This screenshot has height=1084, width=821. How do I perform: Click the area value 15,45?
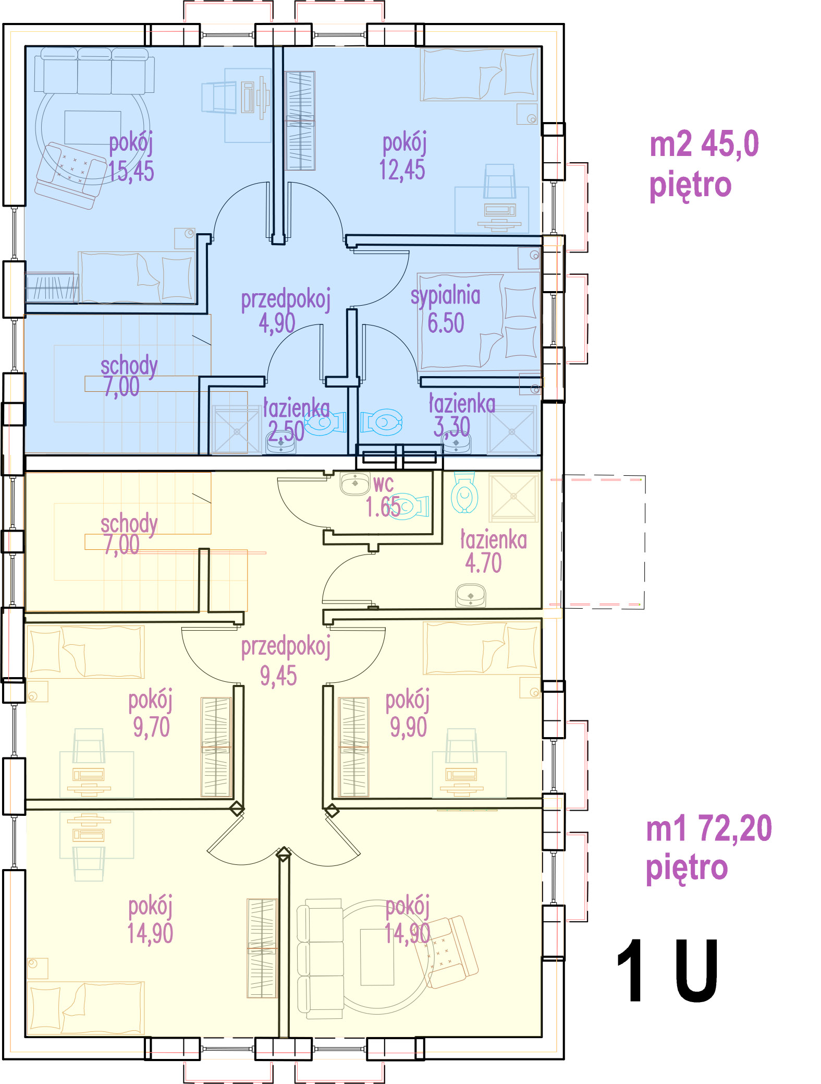[131, 171]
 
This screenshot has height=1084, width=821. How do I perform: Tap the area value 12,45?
[402, 170]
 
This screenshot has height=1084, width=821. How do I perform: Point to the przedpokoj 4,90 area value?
[277, 323]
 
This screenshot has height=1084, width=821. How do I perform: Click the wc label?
[383, 485]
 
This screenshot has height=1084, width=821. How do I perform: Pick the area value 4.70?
[483, 563]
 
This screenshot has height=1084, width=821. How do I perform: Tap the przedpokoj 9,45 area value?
[278, 676]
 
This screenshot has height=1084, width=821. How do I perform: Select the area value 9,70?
[151, 727]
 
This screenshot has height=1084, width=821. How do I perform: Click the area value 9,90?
[408, 727]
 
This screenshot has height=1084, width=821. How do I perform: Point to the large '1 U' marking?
[667, 971]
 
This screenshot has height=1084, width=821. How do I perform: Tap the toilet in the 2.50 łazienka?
[325, 423]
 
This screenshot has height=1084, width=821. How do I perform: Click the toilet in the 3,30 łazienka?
[382, 422]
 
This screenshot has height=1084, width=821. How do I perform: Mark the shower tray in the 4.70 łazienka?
[513, 498]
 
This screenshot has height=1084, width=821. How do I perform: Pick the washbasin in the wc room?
[355, 483]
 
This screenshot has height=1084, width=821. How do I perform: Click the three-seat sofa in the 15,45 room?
[94, 71]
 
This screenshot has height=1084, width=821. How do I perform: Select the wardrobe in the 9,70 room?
[216, 747]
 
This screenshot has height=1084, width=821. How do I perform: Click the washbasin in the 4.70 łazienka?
[471, 596]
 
